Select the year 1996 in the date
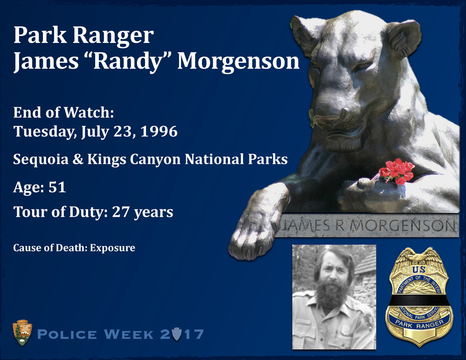[x=159, y=132]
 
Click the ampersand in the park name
[x=78, y=159]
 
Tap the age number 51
[x=57, y=187]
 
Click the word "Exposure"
[x=112, y=248]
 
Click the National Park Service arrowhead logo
[x=22, y=332]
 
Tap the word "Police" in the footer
[x=67, y=334]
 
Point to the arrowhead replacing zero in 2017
[x=176, y=334]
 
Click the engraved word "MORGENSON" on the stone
[x=402, y=226]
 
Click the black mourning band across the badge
[x=419, y=301]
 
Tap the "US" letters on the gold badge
[x=419, y=270]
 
